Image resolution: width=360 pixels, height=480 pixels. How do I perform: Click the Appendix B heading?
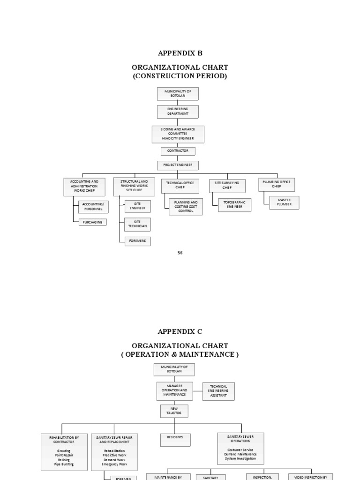(180, 53)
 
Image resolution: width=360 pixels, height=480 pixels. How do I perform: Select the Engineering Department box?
(178, 112)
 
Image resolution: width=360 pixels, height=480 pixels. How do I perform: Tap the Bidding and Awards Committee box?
(178, 134)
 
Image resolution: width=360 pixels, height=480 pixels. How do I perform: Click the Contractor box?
(178, 151)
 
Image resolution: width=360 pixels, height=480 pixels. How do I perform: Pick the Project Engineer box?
(178, 165)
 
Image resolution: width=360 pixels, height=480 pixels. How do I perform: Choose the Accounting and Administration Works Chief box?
(84, 185)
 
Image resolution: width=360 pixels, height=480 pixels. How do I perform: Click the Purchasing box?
(92, 222)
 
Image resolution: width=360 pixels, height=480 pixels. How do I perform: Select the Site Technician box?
(137, 224)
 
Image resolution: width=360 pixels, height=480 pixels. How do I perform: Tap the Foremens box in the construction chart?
(137, 241)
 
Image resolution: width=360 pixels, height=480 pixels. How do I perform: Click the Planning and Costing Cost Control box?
(186, 207)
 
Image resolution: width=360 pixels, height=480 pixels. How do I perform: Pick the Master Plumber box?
(284, 202)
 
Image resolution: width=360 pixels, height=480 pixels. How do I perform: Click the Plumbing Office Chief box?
(277, 184)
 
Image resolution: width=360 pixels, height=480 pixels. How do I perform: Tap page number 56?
(180, 253)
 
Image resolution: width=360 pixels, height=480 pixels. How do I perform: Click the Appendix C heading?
(180, 331)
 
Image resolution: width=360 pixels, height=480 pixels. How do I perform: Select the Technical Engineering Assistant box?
(218, 391)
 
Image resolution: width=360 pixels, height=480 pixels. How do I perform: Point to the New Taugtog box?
(174, 411)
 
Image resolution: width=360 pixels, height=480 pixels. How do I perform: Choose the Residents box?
(175, 439)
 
